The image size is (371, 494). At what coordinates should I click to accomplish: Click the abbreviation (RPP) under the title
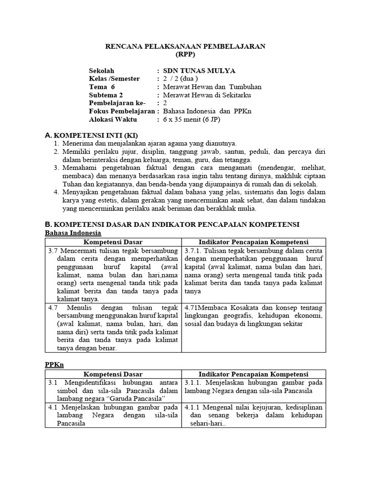coord(185,55)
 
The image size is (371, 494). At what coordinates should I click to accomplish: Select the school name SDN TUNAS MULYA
coord(199,71)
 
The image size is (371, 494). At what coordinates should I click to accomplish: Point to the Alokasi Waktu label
coord(113,119)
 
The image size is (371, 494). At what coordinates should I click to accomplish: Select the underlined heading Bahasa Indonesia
coord(72,233)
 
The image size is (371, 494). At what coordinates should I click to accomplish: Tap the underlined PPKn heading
coord(54,365)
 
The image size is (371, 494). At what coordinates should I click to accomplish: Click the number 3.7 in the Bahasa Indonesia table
coord(53,251)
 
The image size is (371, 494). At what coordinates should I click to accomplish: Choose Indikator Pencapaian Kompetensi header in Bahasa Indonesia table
coord(254,242)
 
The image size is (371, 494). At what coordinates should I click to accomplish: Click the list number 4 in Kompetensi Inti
coord(56,192)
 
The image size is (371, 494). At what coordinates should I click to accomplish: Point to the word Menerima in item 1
coord(77,143)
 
